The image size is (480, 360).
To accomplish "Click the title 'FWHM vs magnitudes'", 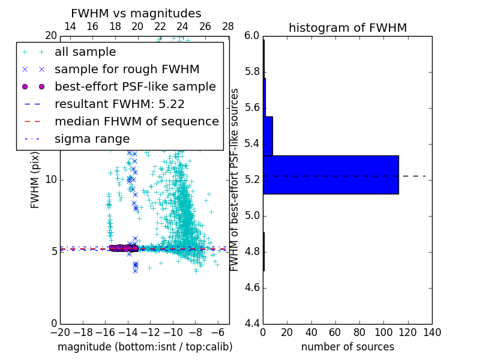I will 136,14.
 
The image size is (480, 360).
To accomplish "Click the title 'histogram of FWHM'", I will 347,28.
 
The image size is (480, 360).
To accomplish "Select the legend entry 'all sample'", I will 85,52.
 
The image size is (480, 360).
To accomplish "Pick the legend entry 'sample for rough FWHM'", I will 127,69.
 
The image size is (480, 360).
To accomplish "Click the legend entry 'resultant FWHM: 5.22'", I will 119,104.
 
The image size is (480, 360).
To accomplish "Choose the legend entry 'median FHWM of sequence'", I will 136,121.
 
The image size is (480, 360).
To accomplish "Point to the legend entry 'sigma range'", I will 92,139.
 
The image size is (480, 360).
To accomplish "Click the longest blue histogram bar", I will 331,175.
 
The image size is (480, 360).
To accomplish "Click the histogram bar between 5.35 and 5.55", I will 268,136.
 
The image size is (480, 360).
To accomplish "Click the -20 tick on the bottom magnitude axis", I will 60,332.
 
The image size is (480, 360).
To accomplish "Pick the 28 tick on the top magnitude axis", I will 228,27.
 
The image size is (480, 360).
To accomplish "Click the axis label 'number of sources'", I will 347,347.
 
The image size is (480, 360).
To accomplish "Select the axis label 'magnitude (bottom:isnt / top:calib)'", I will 145,347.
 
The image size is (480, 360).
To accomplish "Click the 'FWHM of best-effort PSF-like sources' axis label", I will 235,179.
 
